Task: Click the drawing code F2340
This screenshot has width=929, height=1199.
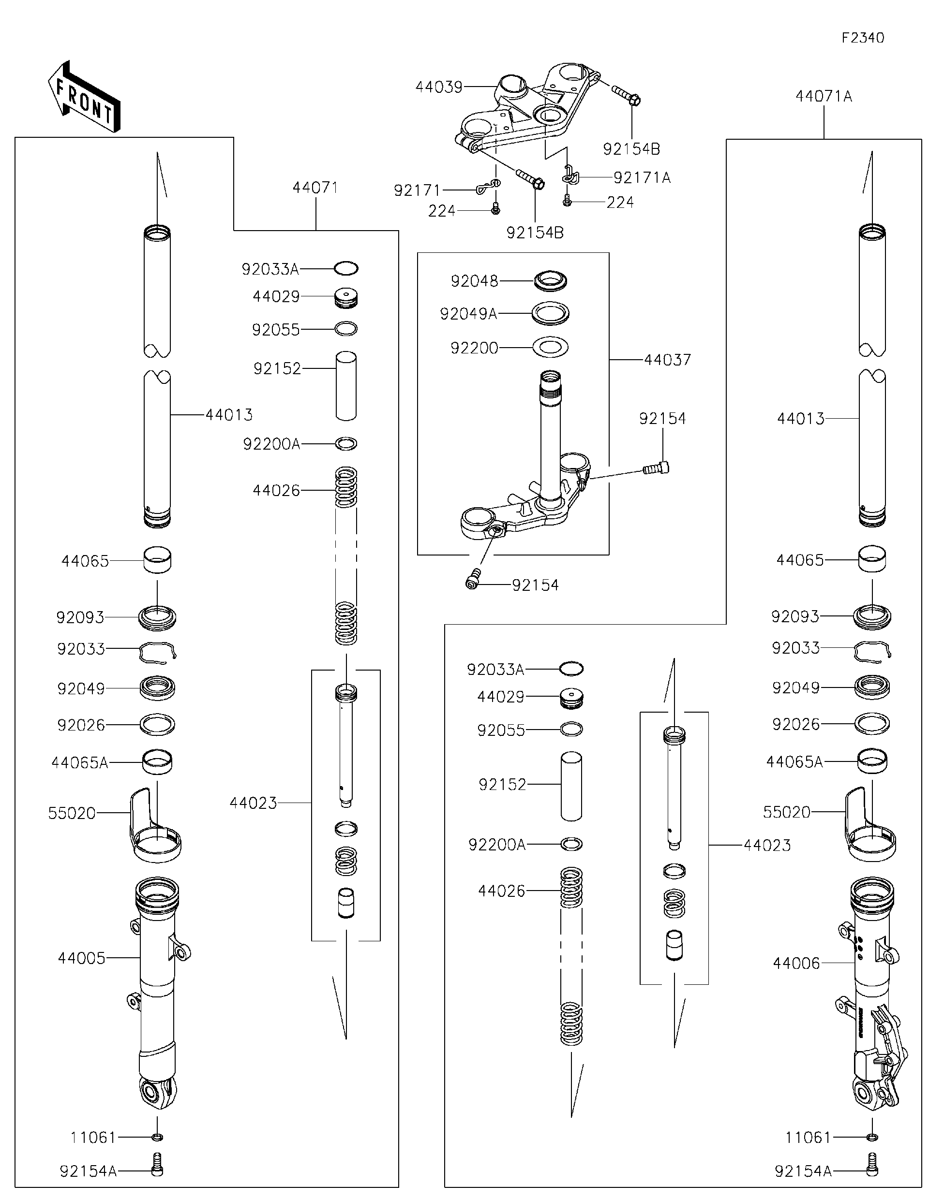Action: tap(863, 38)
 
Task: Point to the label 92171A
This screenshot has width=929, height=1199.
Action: tap(642, 177)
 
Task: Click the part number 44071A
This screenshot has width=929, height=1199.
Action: tap(824, 97)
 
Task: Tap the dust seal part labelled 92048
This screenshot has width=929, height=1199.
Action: tap(551, 280)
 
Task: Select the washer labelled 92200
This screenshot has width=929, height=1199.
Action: tap(551, 348)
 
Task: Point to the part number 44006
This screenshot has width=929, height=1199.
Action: tap(796, 963)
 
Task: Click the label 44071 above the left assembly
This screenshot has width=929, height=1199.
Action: tap(315, 188)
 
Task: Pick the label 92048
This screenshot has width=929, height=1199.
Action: tap(474, 281)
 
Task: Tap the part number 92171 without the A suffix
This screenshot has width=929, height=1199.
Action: tap(417, 190)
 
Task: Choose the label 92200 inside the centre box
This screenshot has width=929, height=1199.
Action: tap(474, 348)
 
